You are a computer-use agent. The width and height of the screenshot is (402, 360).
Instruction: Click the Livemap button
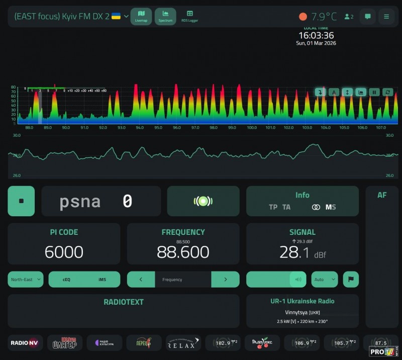(x=141, y=16)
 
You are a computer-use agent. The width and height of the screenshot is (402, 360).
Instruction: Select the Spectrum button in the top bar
(x=165, y=16)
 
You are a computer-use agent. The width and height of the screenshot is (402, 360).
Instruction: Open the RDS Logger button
(x=189, y=16)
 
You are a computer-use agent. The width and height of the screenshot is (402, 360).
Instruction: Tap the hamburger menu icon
(x=386, y=17)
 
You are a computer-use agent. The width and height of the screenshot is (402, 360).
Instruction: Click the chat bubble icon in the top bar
(x=367, y=17)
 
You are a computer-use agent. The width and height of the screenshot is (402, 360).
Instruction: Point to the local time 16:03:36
(x=316, y=36)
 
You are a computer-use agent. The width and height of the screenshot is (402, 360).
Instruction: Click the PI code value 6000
(x=64, y=251)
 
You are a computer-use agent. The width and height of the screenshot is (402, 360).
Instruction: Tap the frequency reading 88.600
(x=183, y=251)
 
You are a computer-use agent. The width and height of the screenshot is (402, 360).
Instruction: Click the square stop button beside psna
(x=21, y=201)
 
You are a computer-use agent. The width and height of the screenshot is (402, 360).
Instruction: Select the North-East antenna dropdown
(x=25, y=280)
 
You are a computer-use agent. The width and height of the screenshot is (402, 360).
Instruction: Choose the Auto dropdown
(x=324, y=280)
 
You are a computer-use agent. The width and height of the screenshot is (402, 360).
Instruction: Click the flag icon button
(x=351, y=280)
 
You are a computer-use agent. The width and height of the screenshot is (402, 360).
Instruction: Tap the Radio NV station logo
(x=25, y=343)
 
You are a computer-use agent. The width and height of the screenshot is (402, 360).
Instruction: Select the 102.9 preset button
(x=223, y=343)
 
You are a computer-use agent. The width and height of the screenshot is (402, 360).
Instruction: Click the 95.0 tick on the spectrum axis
(x=158, y=128)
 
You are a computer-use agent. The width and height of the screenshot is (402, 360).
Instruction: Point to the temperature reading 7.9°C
(x=324, y=17)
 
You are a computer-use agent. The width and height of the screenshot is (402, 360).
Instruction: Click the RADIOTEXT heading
(x=124, y=302)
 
